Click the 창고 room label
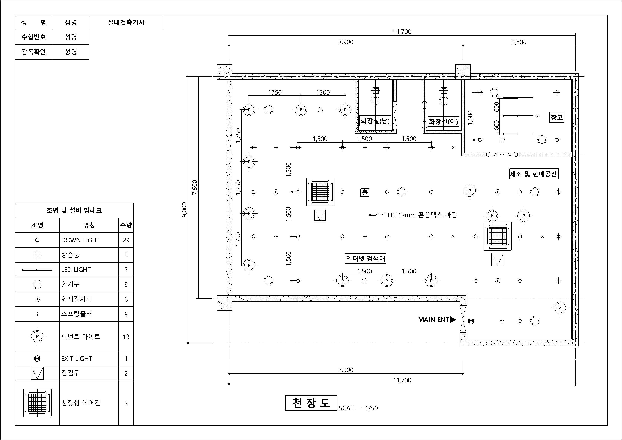557,117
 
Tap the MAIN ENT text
434,320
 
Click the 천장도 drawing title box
311,403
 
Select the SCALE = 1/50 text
358,408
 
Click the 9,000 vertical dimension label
184,210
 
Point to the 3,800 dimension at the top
519,42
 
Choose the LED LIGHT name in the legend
76,270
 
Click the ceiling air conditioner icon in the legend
37,403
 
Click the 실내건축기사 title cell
126,22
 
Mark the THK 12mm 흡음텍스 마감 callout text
420,215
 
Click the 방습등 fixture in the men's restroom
376,90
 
